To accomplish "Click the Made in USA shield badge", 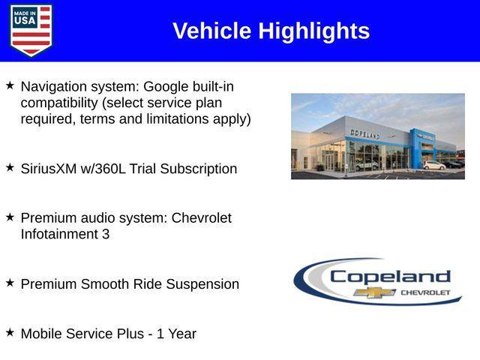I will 31,31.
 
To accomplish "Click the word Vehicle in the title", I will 212,31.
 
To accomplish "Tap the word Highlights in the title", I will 314,31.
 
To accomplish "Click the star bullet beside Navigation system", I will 10,85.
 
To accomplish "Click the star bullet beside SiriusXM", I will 10,168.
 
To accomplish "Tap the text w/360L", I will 106,169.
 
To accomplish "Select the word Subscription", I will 197,169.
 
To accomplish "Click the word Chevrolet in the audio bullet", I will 201,217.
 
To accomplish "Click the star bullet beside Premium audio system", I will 10,217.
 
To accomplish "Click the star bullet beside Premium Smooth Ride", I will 10,283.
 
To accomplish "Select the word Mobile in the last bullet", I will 43,334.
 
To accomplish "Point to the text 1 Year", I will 176,334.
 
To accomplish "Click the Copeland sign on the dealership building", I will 365,133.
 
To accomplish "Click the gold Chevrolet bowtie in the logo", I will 374,292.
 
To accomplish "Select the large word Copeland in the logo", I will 390,276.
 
